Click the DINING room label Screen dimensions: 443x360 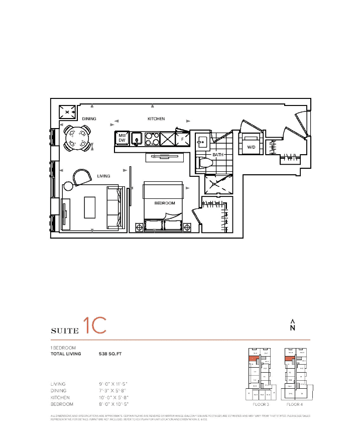89,119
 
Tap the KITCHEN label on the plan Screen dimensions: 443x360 156,119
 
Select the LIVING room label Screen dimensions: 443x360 103,176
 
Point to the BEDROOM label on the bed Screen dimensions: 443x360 164,203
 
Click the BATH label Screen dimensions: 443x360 217,155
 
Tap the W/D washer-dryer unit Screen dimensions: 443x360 251,146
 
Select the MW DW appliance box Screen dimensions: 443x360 122,138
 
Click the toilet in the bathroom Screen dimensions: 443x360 206,162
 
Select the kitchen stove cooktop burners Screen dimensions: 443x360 152,138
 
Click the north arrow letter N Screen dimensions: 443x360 293,328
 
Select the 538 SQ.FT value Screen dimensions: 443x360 110,354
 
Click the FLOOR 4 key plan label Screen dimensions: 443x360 295,404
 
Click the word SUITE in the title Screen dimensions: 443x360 65,330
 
